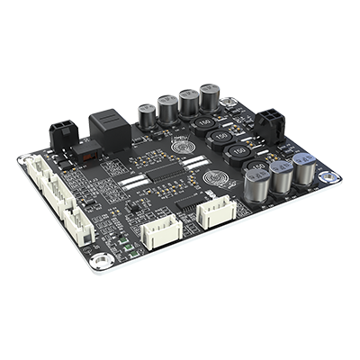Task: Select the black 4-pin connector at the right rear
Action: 271,122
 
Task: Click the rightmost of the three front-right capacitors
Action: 304,169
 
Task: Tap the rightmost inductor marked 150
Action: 258,169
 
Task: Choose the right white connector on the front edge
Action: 216,212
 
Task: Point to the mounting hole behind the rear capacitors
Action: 229,101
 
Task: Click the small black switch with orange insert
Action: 88,150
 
